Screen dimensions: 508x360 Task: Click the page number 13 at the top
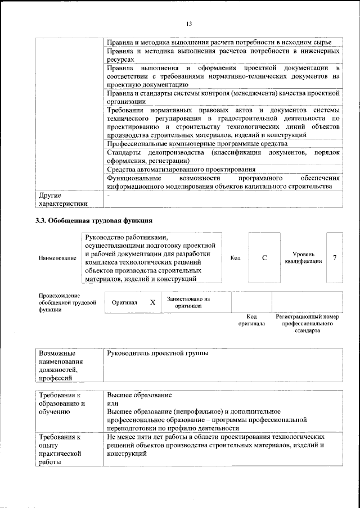pyautogui.click(x=188, y=23)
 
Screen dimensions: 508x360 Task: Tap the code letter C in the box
pyautogui.click(x=264, y=258)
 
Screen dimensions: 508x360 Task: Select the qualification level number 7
pyautogui.click(x=335, y=258)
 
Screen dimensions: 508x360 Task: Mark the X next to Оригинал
pyautogui.click(x=152, y=302)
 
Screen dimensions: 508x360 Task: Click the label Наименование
pyautogui.click(x=57, y=258)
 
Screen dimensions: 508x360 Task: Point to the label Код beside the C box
pyautogui.click(x=236, y=258)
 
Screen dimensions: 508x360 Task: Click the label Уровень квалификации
pyautogui.click(x=303, y=258)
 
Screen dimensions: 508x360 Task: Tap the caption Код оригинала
pyautogui.click(x=251, y=320)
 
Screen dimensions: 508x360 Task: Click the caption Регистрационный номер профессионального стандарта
pyautogui.click(x=307, y=324)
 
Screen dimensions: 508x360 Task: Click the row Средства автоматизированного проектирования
pyautogui.click(x=181, y=169)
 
